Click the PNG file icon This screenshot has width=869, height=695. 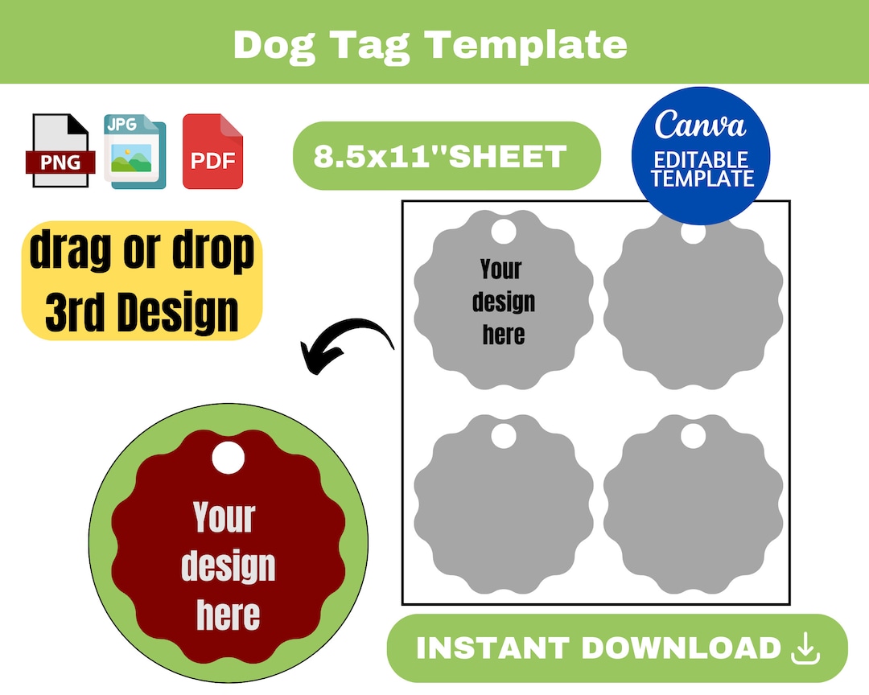click(61, 151)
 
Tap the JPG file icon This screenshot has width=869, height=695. click(134, 151)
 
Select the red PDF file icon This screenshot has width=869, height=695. click(212, 151)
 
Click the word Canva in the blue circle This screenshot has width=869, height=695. click(700, 125)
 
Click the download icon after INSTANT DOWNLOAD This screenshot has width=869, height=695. click(805, 648)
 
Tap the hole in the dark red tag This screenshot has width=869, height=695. click(228, 459)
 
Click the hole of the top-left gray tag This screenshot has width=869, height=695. click(503, 232)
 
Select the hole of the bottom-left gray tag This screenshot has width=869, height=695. click(503, 436)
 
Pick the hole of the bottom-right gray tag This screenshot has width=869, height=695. click(693, 436)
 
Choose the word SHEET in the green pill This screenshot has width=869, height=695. click(507, 156)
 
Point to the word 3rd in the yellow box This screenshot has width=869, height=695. click(80, 312)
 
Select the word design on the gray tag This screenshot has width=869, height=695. click(504, 302)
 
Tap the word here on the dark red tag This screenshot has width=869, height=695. click(229, 615)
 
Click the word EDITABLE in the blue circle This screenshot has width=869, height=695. click(701, 159)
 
